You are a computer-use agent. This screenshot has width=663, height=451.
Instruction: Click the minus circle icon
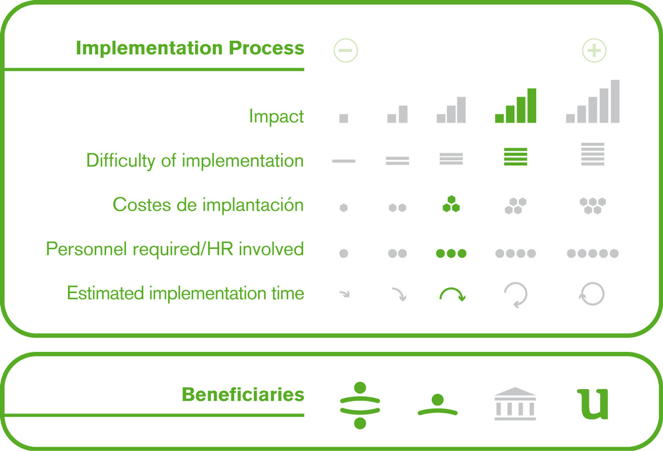346,50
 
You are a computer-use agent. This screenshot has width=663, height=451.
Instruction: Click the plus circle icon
594,50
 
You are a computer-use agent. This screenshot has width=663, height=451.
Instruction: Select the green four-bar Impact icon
515,106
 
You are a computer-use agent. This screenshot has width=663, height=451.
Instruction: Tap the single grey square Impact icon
344,118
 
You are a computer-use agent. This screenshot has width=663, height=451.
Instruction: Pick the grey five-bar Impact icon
592,101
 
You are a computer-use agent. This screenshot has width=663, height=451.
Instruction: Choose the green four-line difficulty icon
515,156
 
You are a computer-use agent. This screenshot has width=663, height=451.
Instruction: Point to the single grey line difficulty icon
344,161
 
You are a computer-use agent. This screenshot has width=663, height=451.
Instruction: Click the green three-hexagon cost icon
451,204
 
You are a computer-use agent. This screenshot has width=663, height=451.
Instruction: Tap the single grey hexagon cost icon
344,208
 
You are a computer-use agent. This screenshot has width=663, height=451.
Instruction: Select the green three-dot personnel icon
451,253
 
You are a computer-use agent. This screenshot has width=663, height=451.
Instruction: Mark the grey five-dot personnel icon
592,253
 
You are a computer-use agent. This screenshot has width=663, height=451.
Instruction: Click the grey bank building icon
515,403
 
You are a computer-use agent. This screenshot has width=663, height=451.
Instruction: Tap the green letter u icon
593,404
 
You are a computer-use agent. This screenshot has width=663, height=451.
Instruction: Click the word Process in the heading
266,48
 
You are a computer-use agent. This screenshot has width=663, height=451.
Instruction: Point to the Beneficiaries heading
243,394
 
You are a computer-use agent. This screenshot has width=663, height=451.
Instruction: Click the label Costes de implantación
208,204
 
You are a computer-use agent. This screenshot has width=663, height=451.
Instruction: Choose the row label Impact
276,116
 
